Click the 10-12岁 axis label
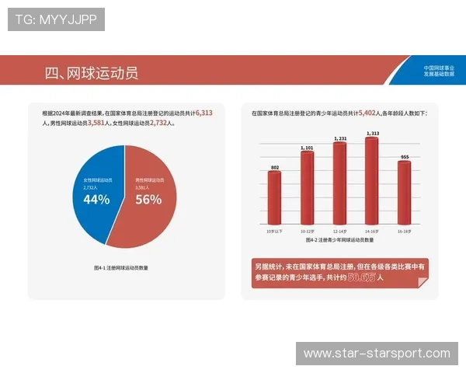pyautogui.click(x=307, y=231)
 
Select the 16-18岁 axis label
pyautogui.click(x=404, y=231)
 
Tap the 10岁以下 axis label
pyautogui.click(x=274, y=231)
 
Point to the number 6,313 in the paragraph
pyautogui.click(x=204, y=113)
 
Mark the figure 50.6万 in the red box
pyautogui.click(x=361, y=277)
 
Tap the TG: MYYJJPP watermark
pyautogui.click(x=56, y=19)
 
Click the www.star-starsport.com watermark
pyautogui.click(x=377, y=354)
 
